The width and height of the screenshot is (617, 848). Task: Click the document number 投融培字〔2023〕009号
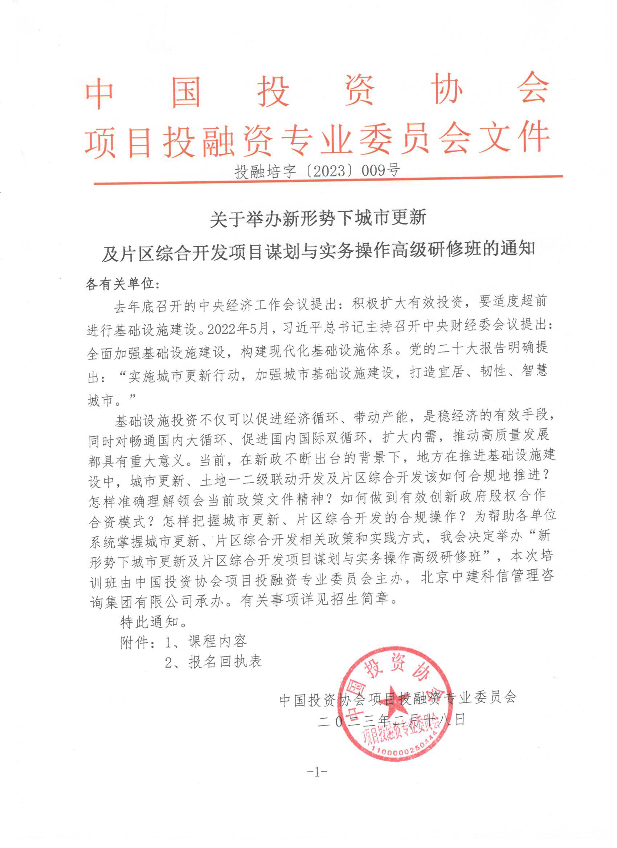(x=317, y=171)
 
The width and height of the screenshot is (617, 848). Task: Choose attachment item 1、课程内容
(x=205, y=642)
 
